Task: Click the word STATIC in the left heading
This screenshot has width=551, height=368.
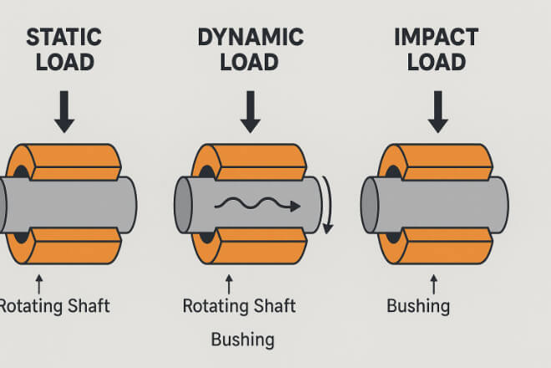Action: [63, 38]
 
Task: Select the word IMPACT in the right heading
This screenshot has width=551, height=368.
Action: [436, 38]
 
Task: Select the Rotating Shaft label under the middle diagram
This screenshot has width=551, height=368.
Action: [238, 306]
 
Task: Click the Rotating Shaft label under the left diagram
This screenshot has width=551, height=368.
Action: [53, 306]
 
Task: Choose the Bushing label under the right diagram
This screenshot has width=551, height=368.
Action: [417, 306]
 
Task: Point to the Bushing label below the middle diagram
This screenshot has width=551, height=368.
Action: [242, 340]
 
